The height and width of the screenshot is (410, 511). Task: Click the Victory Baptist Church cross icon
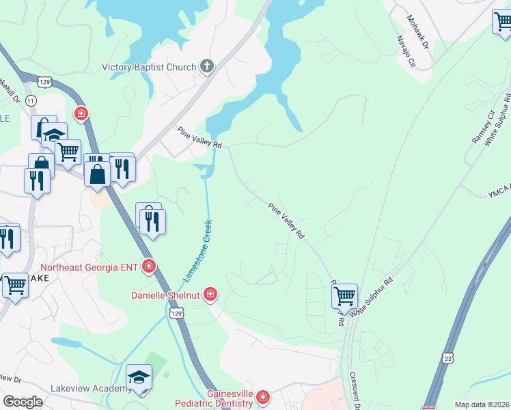click(x=207, y=66)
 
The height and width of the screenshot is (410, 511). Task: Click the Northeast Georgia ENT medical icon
click(x=149, y=266)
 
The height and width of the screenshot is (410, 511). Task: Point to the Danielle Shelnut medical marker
click(x=210, y=295)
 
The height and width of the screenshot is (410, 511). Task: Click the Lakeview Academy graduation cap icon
click(x=139, y=377)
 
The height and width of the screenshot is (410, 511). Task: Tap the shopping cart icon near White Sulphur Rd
click(x=344, y=296)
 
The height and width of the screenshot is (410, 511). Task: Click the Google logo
click(x=23, y=402)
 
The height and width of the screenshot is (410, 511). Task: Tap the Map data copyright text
click(x=482, y=405)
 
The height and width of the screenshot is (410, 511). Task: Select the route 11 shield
click(x=31, y=100)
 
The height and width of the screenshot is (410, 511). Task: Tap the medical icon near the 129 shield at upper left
click(x=81, y=113)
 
